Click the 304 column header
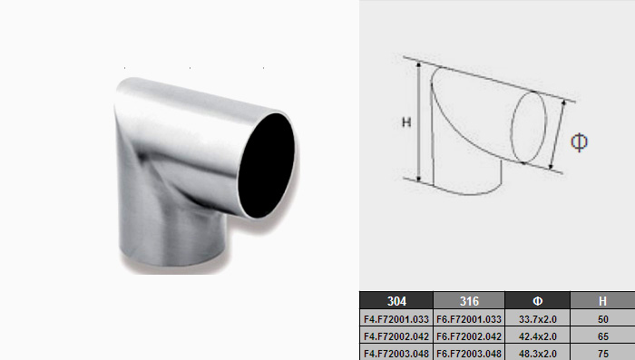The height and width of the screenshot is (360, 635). coord(396,301)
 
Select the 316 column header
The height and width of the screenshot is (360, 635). coord(469,301)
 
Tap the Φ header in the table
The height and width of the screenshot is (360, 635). coord(537,301)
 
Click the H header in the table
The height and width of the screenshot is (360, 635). coord(602,301)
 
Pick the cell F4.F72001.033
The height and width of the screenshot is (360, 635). coord(396,319)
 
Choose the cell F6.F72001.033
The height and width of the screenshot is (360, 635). coord(469,319)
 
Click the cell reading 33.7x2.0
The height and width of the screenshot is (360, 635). coord(537,319)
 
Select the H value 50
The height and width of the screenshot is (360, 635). coord(602,319)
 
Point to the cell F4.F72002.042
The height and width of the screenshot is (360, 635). coord(396,336)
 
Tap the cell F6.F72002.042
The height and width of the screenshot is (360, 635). coord(469,336)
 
